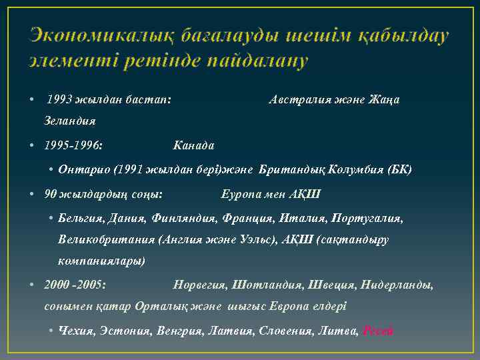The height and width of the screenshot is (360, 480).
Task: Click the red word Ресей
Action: click(378, 331)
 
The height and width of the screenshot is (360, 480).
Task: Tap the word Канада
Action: click(193, 144)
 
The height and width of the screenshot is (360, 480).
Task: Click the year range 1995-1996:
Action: click(73, 144)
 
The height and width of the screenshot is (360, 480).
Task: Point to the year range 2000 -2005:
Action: click(75, 285)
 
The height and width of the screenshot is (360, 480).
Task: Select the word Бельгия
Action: click(80, 218)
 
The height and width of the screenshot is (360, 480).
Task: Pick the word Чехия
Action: click(77, 331)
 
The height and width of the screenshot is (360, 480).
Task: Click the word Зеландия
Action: click(70, 121)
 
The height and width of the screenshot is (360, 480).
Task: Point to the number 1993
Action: click(60, 100)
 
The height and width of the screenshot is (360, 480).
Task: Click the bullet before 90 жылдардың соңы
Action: click(32, 194)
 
